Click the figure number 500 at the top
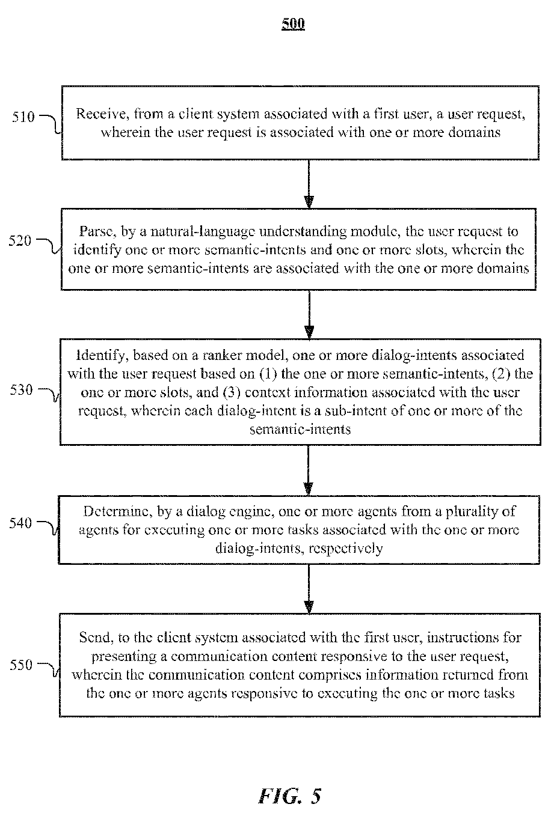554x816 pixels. (x=293, y=24)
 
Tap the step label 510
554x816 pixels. (x=23, y=117)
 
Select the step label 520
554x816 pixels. (x=20, y=240)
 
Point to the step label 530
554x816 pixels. (x=22, y=390)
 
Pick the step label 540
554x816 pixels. (x=21, y=523)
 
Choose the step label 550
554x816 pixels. (x=21, y=665)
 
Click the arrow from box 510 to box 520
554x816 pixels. (x=309, y=184)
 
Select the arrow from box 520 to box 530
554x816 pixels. (x=309, y=314)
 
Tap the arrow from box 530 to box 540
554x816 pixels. (x=309, y=470)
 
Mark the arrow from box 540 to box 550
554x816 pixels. (x=309, y=589)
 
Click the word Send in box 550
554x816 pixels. (x=96, y=638)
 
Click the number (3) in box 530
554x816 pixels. (x=231, y=392)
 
